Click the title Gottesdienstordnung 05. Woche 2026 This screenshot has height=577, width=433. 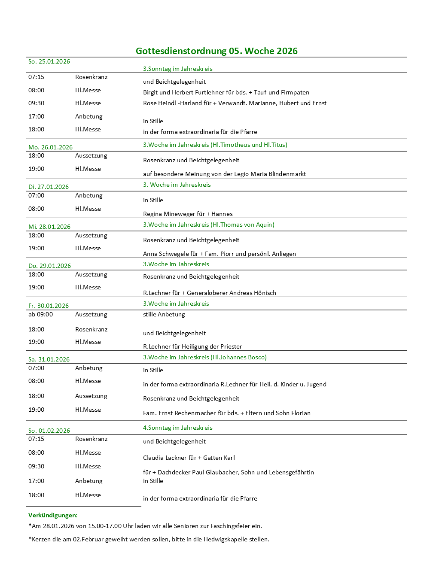pyautogui.click(x=216, y=51)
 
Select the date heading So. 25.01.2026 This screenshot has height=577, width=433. pyautogui.click(x=49, y=61)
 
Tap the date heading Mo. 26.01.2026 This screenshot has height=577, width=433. pyautogui.click(x=50, y=147)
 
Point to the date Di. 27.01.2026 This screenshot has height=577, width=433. pyautogui.click(x=49, y=187)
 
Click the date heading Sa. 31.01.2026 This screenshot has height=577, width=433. pyautogui.click(x=49, y=359)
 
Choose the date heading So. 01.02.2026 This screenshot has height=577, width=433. pyautogui.click(x=49, y=431)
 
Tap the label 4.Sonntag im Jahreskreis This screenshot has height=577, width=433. pyautogui.click(x=177, y=428)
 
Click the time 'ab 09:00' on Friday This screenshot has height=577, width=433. pyautogui.click(x=41, y=314)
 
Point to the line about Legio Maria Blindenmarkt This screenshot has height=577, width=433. pyautogui.click(x=224, y=174)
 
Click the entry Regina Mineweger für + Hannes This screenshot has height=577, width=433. pyautogui.click(x=188, y=214)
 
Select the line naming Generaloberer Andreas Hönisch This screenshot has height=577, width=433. pyautogui.click(x=210, y=293)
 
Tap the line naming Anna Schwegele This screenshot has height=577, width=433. pyautogui.click(x=219, y=254)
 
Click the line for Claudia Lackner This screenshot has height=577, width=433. pyautogui.click(x=189, y=458)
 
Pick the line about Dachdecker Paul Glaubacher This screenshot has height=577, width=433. pyautogui.click(x=228, y=472)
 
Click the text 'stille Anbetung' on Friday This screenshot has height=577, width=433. pyautogui.click(x=164, y=314)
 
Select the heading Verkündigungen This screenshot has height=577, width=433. pyautogui.click(x=53, y=515)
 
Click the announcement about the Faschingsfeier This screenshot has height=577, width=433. pyautogui.click(x=145, y=526)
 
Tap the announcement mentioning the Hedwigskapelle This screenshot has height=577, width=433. pyautogui.click(x=149, y=539)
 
